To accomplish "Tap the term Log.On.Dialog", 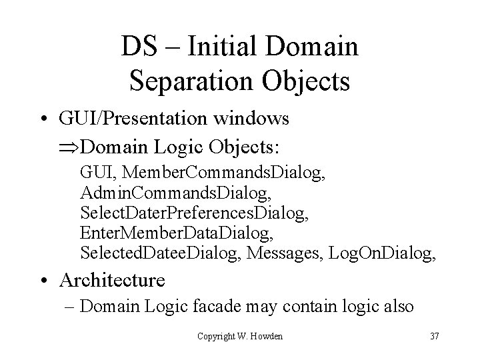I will (394, 254).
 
